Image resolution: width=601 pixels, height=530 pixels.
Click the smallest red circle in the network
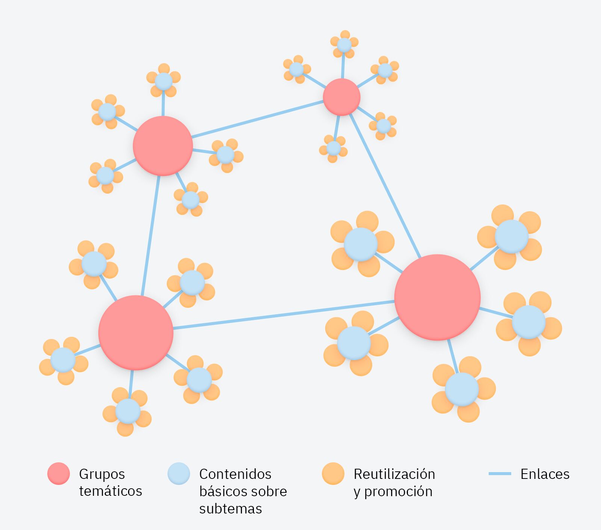(341, 97)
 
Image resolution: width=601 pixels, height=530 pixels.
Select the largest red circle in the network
(437, 297)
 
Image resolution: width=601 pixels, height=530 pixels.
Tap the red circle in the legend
(59, 474)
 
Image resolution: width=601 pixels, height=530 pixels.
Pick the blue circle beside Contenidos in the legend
(179, 474)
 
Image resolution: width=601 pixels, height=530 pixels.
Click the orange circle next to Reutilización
(333, 474)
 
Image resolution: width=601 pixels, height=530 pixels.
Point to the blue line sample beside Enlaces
(500, 474)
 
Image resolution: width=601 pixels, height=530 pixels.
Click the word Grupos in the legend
(102, 474)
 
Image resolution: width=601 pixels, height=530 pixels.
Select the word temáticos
(110, 491)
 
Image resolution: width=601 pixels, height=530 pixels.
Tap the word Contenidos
(235, 474)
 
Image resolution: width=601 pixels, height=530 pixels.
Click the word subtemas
(230, 509)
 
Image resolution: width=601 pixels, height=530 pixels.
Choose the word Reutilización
(394, 474)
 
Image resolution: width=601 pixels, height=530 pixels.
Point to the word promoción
(398, 492)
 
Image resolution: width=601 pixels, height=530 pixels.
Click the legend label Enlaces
(545, 474)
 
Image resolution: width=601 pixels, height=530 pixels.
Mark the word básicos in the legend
(221, 491)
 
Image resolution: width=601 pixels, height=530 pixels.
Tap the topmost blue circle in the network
(344, 45)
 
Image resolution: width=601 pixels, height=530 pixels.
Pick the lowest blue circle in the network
(128, 411)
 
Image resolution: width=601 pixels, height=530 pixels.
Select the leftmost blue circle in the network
(63, 360)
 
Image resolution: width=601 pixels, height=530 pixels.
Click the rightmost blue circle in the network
(529, 322)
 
